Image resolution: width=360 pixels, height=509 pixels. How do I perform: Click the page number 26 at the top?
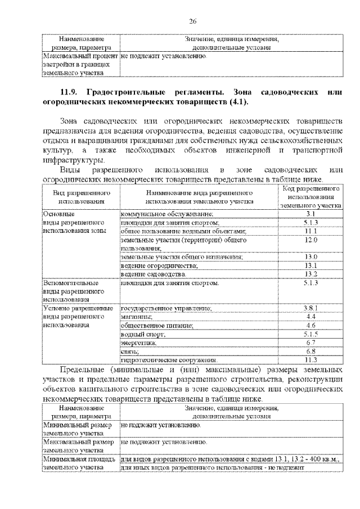(192, 21)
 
